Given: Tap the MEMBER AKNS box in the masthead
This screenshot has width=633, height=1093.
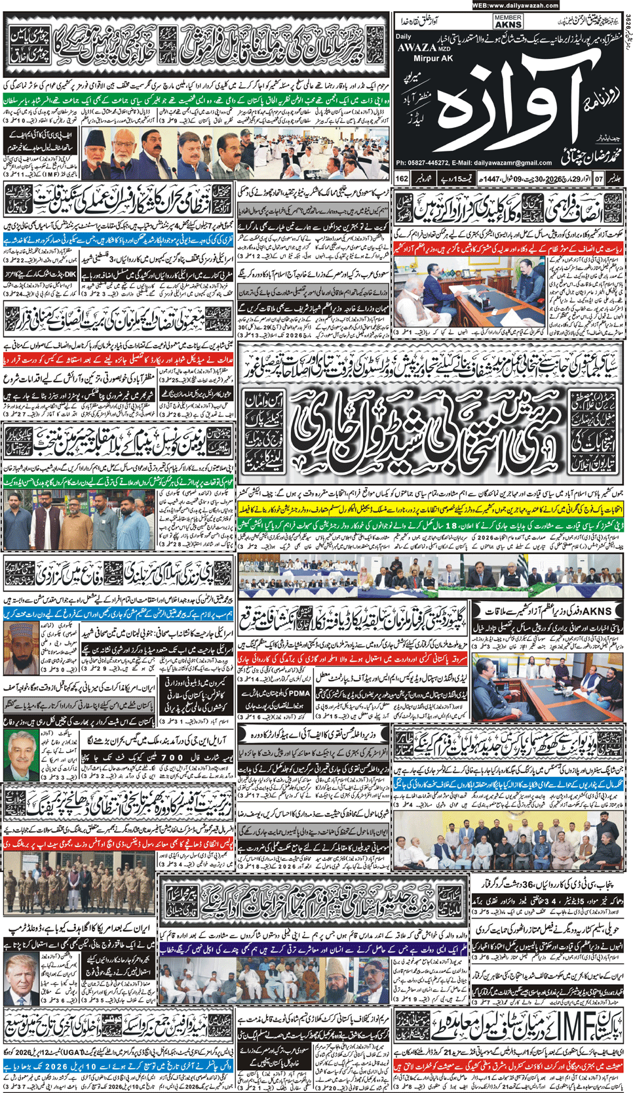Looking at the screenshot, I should click(508, 21).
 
